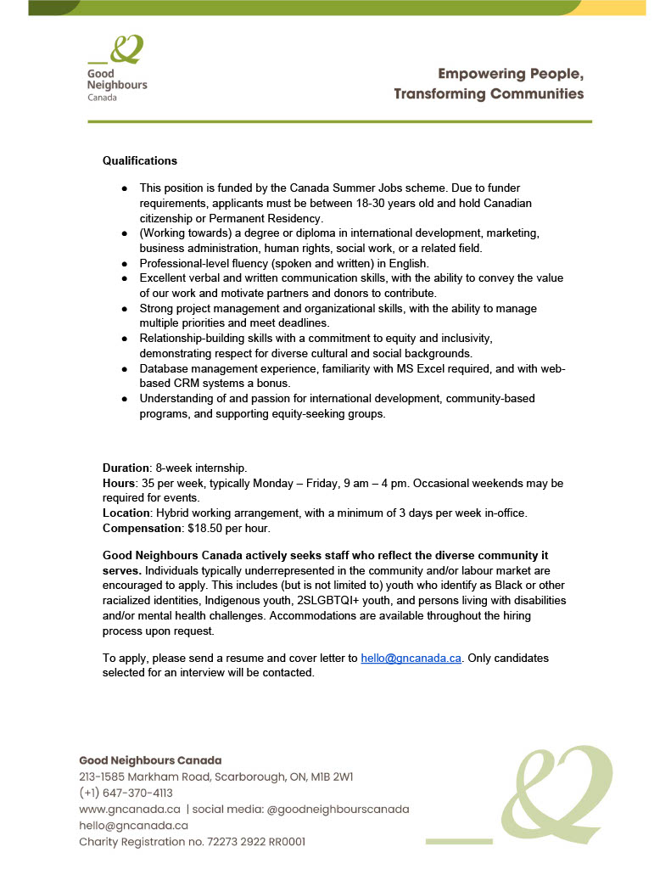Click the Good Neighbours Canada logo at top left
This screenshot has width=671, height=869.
(x=117, y=68)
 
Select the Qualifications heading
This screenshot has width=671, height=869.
(x=140, y=160)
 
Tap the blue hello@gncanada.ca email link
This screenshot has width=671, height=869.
(x=411, y=658)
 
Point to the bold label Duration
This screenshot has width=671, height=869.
(x=126, y=468)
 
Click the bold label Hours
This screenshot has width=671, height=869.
(x=119, y=483)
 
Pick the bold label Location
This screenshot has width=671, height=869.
(x=126, y=513)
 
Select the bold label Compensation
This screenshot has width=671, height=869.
(x=140, y=529)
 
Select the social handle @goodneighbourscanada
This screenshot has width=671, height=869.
(x=338, y=810)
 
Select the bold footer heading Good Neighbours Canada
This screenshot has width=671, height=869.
(x=150, y=760)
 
